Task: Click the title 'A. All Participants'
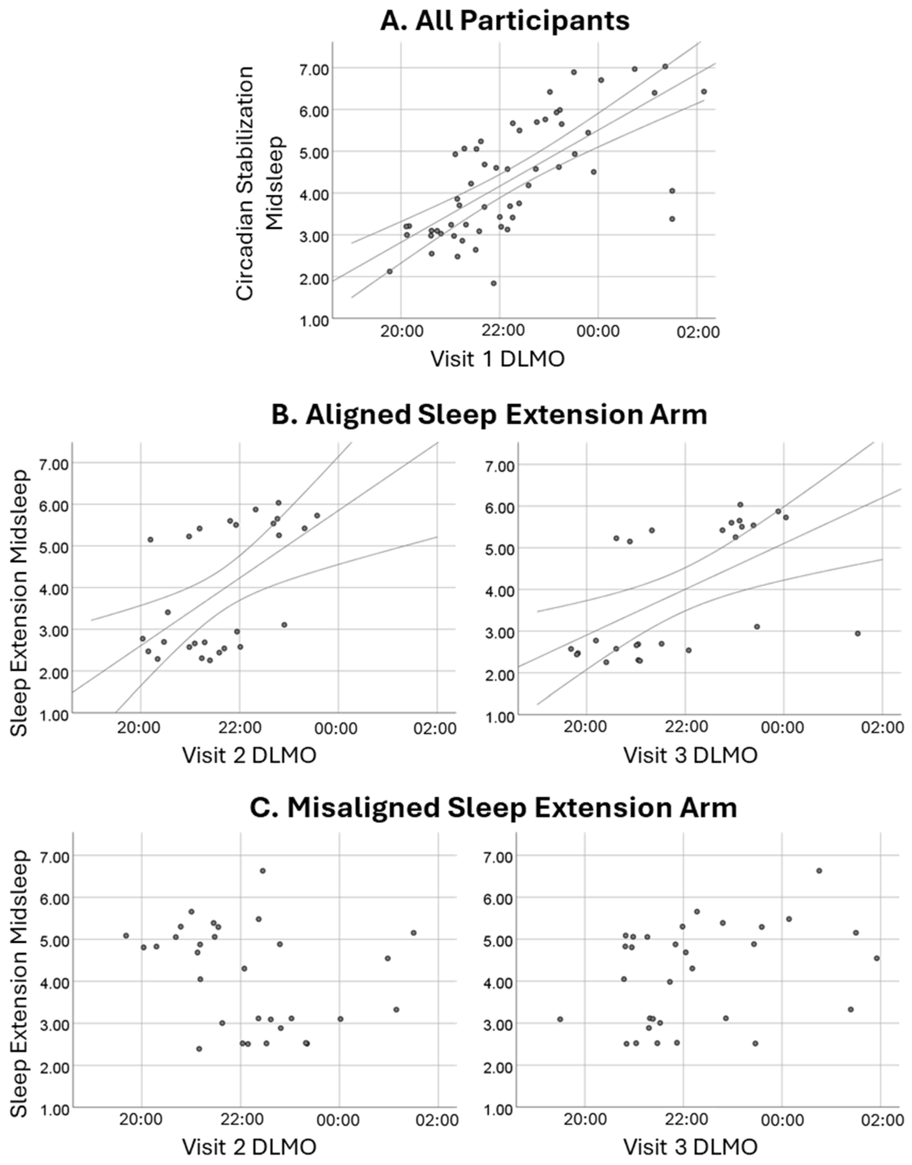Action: point(505,21)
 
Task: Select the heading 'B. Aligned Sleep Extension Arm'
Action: point(489,415)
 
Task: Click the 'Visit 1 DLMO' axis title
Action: point(497,359)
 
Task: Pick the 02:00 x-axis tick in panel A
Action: point(698,332)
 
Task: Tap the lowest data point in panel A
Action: point(493,283)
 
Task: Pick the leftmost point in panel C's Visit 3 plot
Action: point(560,1019)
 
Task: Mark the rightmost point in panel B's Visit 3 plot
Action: point(858,633)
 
